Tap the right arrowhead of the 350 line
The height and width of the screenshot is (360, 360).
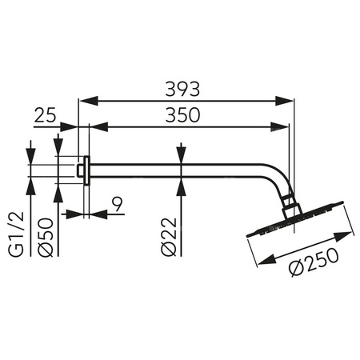coord(282,126)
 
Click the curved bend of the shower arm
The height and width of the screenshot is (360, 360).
coord(277,178)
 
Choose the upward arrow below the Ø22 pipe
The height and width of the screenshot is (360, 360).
coord(182,184)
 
